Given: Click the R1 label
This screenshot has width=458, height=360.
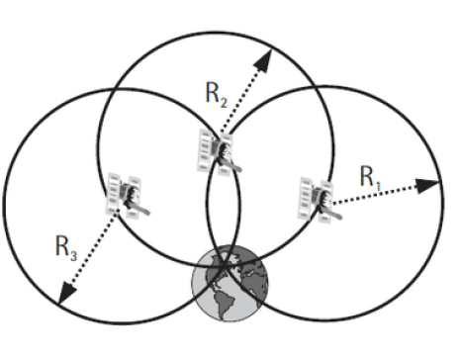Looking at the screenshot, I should click(x=368, y=178).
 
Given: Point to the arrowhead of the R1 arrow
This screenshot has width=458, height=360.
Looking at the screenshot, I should click(x=432, y=183).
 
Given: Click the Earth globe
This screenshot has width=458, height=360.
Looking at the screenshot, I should click(x=230, y=283).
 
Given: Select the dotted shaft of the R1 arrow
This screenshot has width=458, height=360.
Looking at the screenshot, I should click(x=381, y=193).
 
